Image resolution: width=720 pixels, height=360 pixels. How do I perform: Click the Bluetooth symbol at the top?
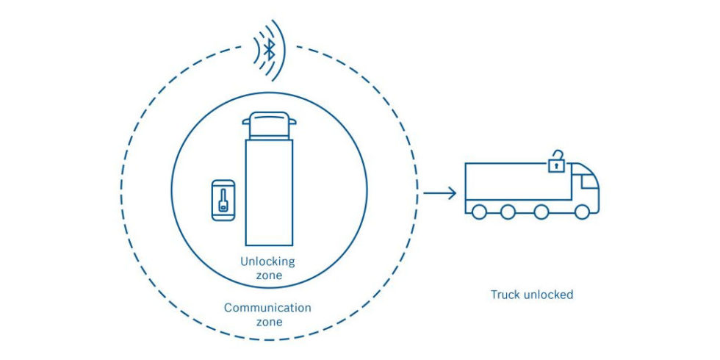(x=270, y=51)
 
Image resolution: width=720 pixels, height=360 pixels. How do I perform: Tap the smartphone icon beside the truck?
(x=223, y=200)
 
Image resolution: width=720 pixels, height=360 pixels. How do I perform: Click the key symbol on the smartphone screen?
(x=223, y=201)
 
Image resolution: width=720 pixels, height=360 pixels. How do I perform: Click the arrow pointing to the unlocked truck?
(x=441, y=194)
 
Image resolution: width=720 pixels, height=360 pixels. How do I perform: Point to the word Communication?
(x=268, y=307)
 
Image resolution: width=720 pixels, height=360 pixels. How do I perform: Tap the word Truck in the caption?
(x=504, y=295)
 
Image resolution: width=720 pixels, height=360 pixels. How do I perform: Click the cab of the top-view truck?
(x=268, y=126)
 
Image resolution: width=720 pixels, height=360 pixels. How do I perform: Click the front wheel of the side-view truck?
(x=582, y=212)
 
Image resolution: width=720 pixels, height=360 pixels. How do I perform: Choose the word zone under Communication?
(x=268, y=321)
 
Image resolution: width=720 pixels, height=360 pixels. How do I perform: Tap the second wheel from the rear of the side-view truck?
(x=508, y=212)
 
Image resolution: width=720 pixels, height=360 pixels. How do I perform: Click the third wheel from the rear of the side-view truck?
(x=541, y=212)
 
